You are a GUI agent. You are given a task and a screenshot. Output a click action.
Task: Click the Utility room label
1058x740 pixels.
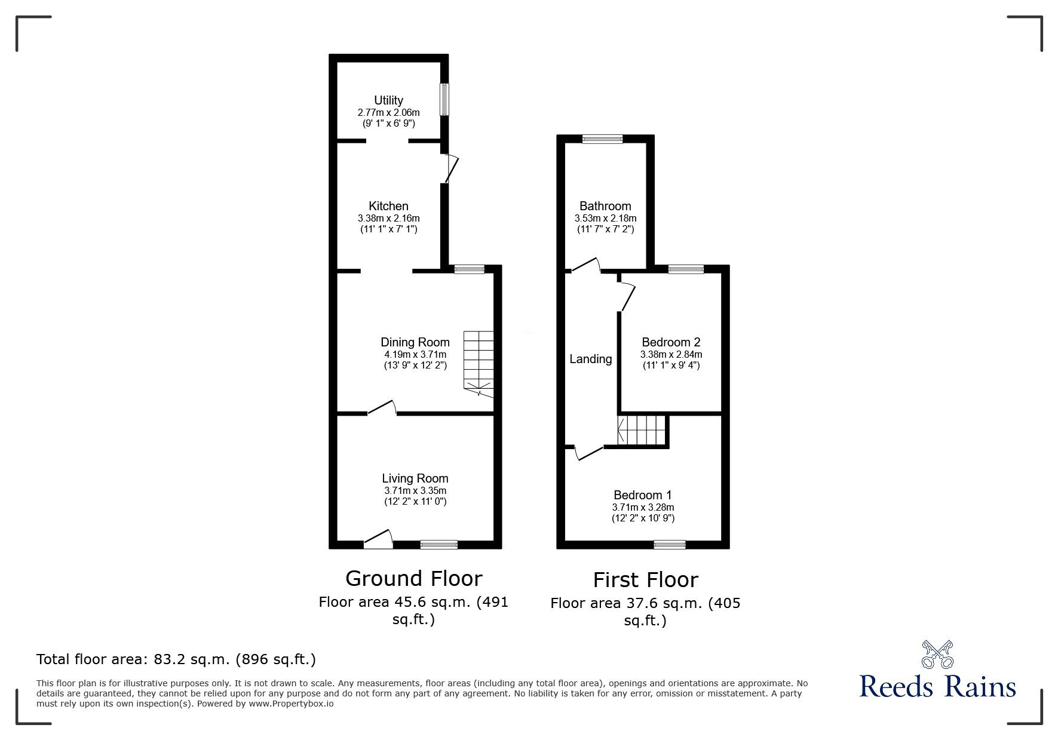pyautogui.click(x=388, y=100)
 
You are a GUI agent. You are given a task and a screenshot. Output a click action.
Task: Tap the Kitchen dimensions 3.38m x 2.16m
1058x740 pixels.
pyautogui.click(x=388, y=218)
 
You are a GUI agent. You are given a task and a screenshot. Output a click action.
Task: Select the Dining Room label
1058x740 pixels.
pyautogui.click(x=415, y=342)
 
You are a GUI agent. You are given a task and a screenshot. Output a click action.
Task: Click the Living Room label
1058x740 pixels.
pyautogui.click(x=415, y=478)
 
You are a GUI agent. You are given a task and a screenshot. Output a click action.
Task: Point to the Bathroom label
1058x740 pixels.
pyautogui.click(x=605, y=206)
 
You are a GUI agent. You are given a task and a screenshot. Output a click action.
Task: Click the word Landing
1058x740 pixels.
pyautogui.click(x=590, y=359)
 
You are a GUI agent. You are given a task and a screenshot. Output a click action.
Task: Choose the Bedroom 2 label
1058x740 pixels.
pyautogui.click(x=671, y=342)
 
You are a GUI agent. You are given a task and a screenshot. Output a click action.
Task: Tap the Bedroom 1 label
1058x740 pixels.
pyautogui.click(x=643, y=495)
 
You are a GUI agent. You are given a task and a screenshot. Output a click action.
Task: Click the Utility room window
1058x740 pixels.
pyautogui.click(x=445, y=99)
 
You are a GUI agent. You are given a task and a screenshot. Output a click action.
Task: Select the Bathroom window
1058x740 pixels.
pyautogui.click(x=602, y=139)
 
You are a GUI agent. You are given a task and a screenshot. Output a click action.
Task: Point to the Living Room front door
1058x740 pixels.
pyautogui.click(x=378, y=539)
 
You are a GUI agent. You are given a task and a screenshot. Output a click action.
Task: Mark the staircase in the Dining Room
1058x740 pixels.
pyautogui.click(x=479, y=364)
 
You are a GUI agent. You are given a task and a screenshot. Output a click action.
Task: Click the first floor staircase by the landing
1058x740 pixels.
pyautogui.click(x=642, y=430)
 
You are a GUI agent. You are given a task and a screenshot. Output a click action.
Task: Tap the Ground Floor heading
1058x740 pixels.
pyautogui.click(x=413, y=578)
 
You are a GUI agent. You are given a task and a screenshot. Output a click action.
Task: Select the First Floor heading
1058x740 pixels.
pyautogui.click(x=645, y=580)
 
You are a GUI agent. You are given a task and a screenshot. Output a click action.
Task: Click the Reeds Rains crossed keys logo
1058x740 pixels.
pyautogui.click(x=937, y=655)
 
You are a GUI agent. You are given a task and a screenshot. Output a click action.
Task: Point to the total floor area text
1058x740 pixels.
pyautogui.click(x=176, y=659)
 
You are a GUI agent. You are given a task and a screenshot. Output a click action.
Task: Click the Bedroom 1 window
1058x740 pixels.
pyautogui.click(x=670, y=544)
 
